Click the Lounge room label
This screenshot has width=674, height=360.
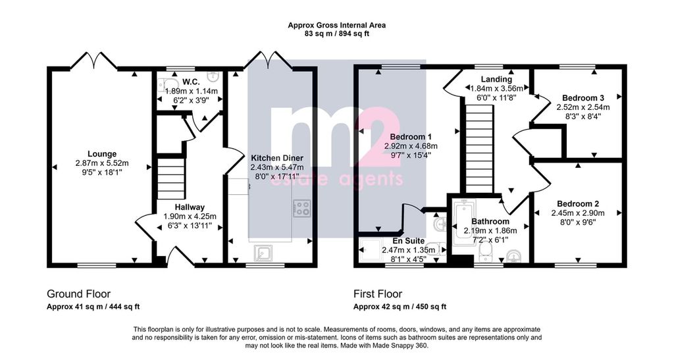point(102,154)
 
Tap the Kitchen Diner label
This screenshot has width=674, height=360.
point(277,158)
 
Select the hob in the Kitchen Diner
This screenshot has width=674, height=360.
point(301,208)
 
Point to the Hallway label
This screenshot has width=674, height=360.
point(190,207)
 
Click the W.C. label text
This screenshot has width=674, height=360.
point(190,82)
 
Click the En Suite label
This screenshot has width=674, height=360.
point(408,241)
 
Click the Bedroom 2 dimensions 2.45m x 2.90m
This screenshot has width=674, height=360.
point(578,213)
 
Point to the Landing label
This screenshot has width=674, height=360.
point(496,79)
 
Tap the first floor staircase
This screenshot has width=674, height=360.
point(479,150)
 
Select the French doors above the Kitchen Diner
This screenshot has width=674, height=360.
point(269,60)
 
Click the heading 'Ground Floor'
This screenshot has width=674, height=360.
point(79,294)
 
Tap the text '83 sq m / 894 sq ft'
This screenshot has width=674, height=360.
point(336,34)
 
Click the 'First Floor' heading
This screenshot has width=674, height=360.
point(378,294)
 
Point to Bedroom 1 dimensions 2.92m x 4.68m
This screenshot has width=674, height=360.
point(411,146)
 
